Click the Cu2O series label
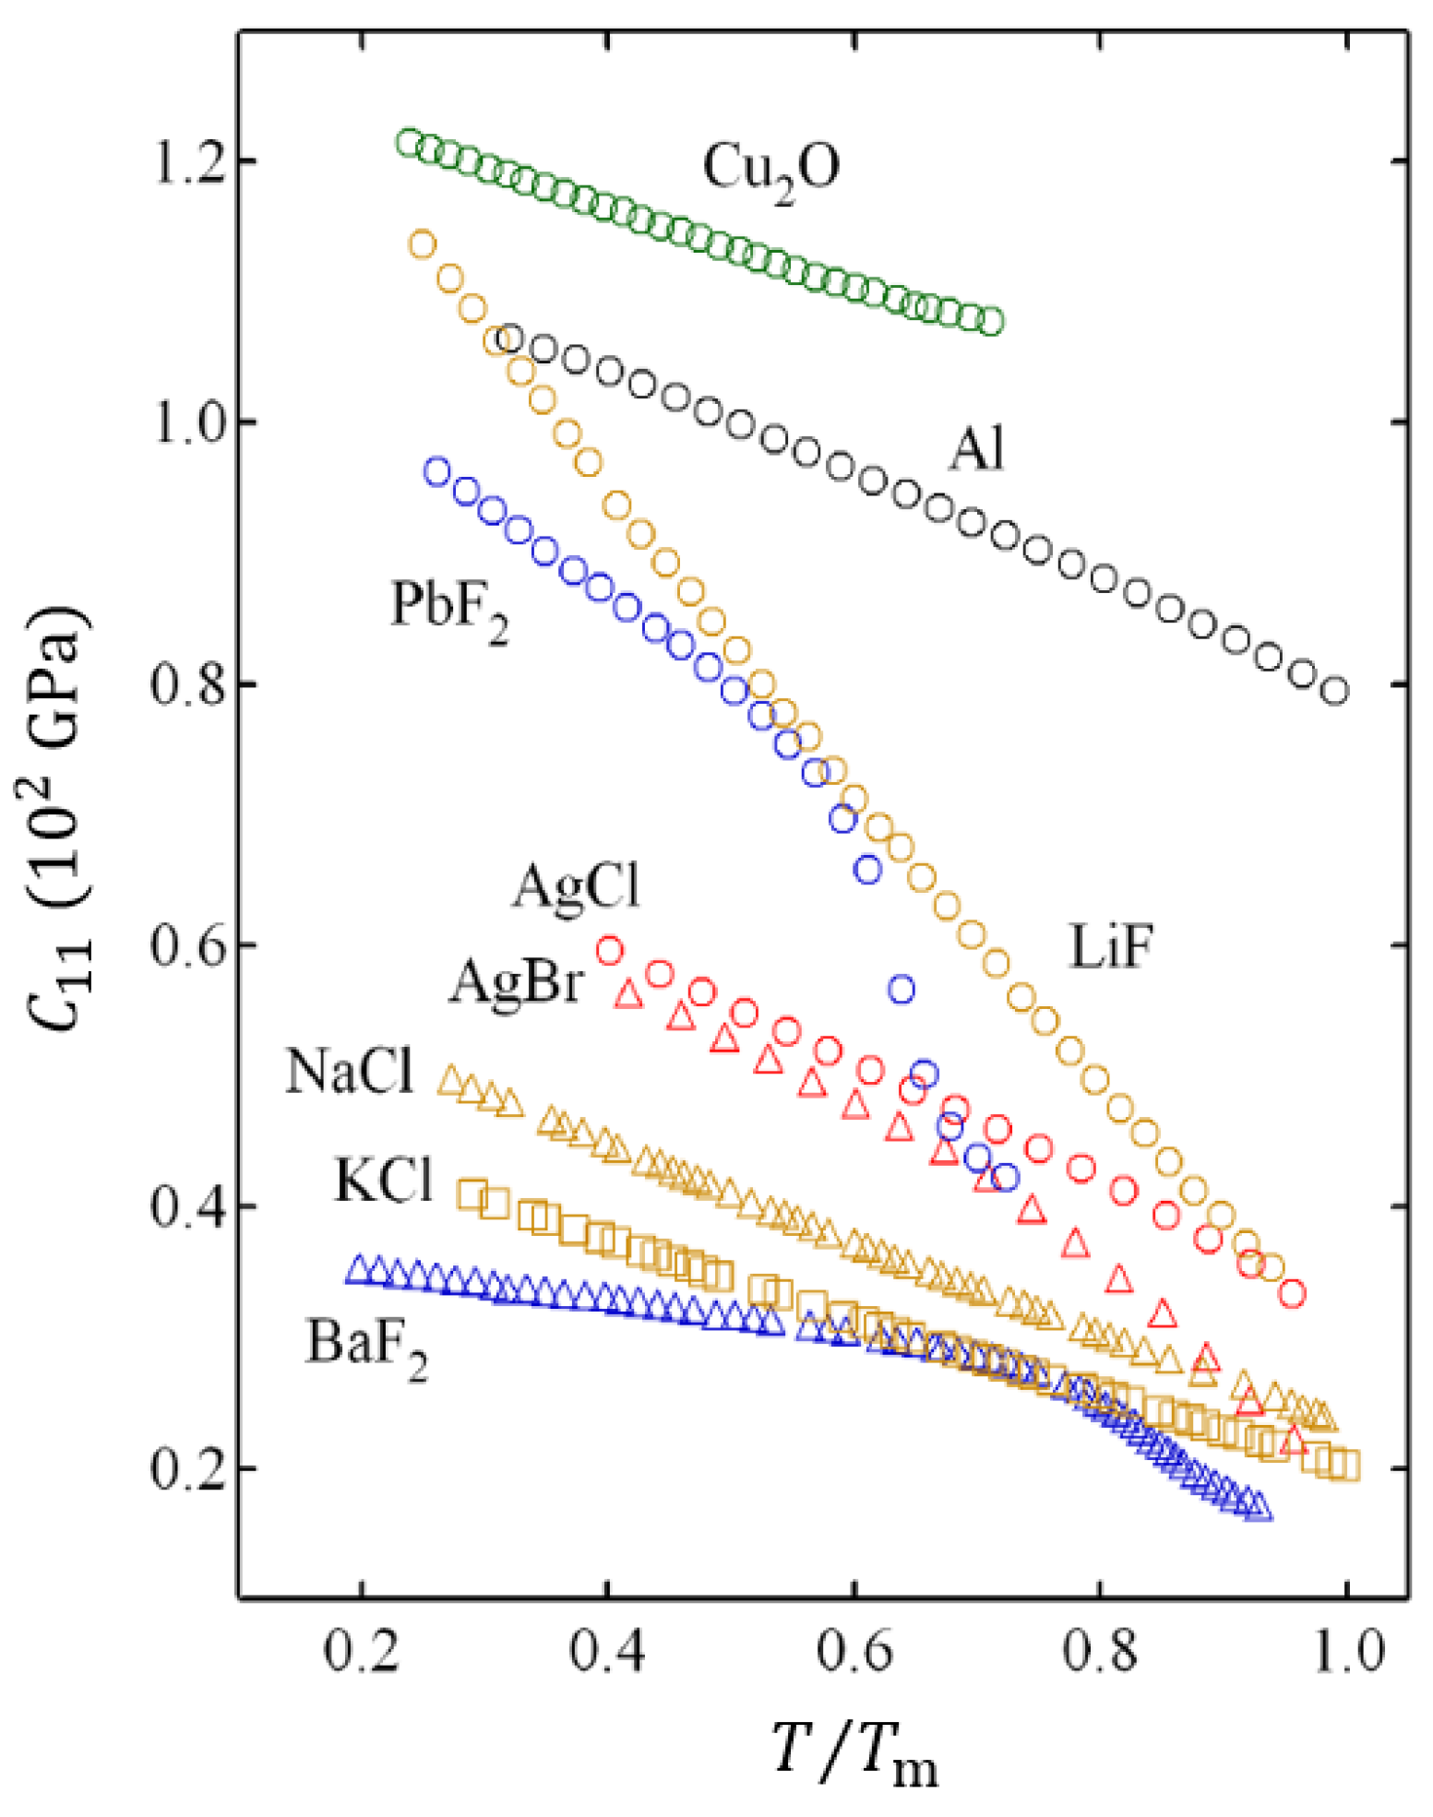tap(770, 169)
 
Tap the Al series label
tap(976, 451)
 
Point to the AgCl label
tap(575, 888)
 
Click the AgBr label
tap(517, 982)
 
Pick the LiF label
tap(1111, 948)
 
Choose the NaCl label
tap(350, 1072)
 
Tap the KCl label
tap(383, 1180)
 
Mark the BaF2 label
tap(366, 1345)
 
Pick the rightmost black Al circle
tap(1334, 691)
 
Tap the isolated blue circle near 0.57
tap(901, 990)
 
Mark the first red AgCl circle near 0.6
tap(610, 950)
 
